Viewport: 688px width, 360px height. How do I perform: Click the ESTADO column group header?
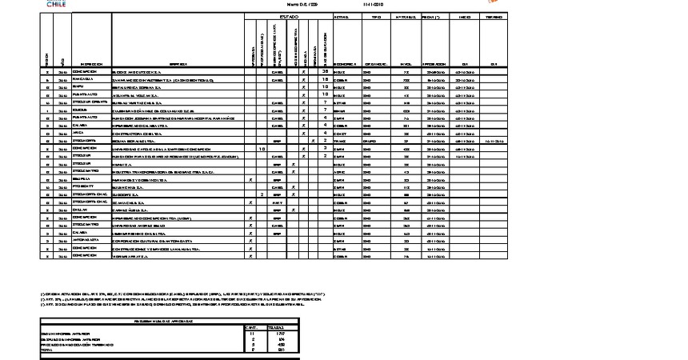coord(288,17)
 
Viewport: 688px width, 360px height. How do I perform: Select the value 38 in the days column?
coord(325,71)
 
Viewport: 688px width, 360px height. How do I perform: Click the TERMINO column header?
coord(494,17)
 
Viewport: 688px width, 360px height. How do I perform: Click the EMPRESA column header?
coord(178,63)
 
